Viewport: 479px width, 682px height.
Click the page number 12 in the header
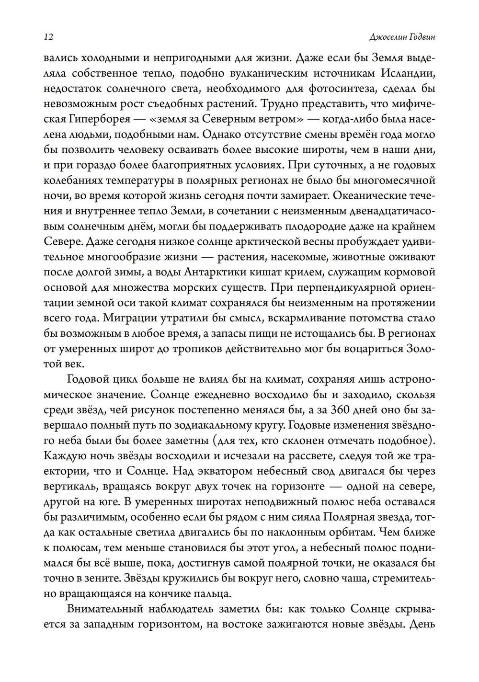pyautogui.click(x=48, y=37)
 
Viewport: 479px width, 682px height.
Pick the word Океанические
pyautogui.click(x=368, y=196)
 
